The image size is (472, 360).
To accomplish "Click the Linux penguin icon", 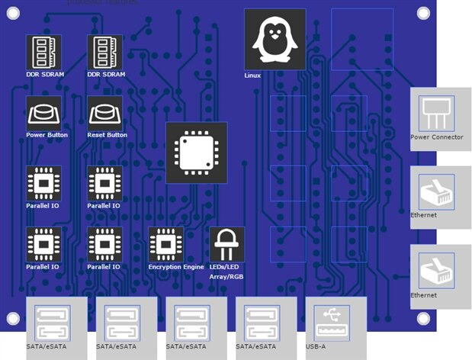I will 275,40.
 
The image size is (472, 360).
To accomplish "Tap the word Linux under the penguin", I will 252,76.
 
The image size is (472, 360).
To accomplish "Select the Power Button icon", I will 43,113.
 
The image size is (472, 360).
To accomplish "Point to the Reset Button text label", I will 108,135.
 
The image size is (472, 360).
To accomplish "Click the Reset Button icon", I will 104,113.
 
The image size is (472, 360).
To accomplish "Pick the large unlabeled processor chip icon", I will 196,153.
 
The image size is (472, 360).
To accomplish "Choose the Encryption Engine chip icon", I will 165,244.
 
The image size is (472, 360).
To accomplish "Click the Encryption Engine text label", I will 176,267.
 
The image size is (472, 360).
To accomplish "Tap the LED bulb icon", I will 226,244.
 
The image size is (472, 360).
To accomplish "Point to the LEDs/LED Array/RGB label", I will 226,272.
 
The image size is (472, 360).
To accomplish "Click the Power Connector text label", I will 437,137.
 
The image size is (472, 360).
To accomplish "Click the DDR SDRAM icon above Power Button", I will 43,52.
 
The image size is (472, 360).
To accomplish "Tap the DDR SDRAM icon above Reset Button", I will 104,52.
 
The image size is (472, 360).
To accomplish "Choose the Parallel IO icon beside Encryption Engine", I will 104,244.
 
